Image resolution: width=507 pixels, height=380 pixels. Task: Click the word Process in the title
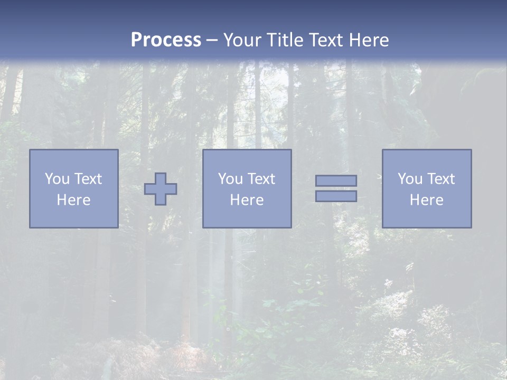(166, 40)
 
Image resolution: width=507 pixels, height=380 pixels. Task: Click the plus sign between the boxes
(161, 189)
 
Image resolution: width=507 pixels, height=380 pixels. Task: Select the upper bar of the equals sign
(336, 180)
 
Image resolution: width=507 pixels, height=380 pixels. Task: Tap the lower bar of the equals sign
(336, 196)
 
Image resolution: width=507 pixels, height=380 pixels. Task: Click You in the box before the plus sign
(57, 179)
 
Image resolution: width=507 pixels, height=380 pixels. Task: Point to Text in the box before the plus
(87, 179)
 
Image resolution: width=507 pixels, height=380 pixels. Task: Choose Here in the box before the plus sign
(73, 200)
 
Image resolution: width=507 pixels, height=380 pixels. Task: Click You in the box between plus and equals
(230, 179)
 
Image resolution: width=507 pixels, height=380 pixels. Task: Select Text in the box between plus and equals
(260, 179)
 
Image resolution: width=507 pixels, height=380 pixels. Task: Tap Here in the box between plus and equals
(247, 200)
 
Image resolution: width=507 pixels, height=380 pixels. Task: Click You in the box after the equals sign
(409, 179)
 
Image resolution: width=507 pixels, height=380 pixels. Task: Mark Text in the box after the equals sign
(440, 179)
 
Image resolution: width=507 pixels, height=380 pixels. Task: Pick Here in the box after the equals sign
(426, 200)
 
